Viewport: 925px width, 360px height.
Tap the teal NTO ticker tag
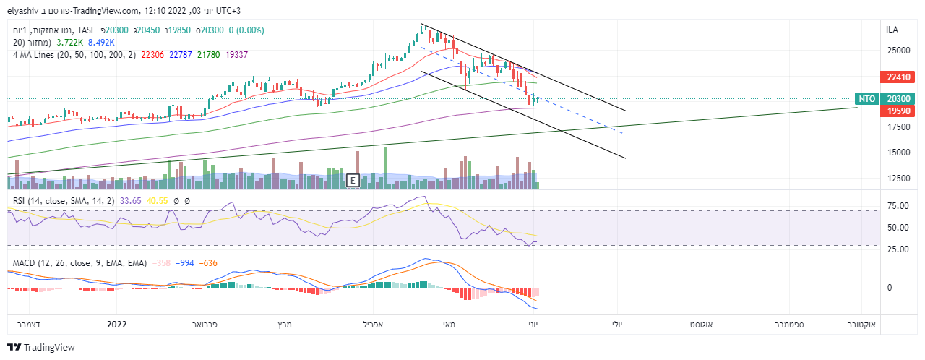click(866, 99)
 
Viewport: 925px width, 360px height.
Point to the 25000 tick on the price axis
click(898, 51)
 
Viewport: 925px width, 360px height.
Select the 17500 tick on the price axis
click(898, 127)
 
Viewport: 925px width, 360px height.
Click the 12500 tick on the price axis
click(898, 179)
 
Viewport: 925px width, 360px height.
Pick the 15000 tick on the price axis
click(898, 153)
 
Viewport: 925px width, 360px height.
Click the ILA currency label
click(892, 30)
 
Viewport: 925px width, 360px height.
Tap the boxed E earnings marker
click(353, 180)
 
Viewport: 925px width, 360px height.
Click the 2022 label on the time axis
click(116, 325)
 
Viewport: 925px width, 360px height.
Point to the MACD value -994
click(185, 262)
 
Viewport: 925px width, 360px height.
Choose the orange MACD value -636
click(208, 262)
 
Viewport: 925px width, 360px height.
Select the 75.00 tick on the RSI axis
click(898, 206)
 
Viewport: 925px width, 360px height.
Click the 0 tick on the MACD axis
click(889, 288)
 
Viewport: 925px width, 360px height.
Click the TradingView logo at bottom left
click(41, 348)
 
